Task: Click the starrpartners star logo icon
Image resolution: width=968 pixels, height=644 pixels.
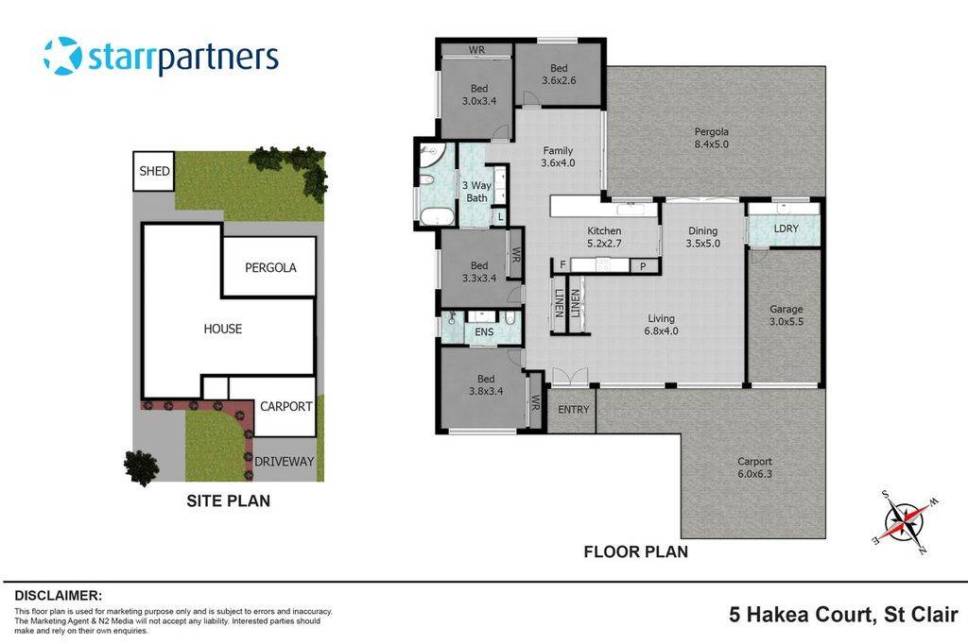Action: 62,56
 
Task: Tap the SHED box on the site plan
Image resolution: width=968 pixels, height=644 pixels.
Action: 154,172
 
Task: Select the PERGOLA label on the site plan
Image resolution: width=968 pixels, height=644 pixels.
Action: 270,267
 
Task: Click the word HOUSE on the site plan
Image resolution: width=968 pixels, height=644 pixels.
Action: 222,329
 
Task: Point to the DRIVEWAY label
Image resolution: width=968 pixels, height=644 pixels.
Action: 284,462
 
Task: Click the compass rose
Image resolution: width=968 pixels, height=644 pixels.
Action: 906,518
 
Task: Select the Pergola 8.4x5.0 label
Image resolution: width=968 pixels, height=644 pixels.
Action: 711,138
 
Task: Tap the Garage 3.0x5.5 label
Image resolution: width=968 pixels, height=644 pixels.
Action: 786,315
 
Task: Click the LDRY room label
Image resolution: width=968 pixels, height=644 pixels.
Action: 786,229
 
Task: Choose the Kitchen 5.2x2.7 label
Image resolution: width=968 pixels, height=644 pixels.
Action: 604,237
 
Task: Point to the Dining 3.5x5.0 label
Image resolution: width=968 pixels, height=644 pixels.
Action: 702,237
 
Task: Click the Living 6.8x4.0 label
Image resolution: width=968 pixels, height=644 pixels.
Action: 662,324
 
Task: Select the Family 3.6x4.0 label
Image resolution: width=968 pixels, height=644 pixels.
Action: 558,157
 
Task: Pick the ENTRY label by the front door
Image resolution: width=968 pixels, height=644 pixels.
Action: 573,409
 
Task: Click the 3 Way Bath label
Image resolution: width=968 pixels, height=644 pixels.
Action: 476,192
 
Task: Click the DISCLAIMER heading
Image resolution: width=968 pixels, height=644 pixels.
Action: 58,596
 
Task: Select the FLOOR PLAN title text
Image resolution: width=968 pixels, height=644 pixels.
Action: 635,551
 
